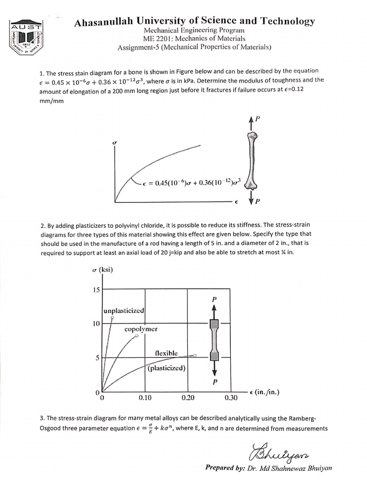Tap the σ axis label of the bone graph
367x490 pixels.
114,142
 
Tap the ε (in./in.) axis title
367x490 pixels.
264,392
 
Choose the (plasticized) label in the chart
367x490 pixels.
166,368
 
